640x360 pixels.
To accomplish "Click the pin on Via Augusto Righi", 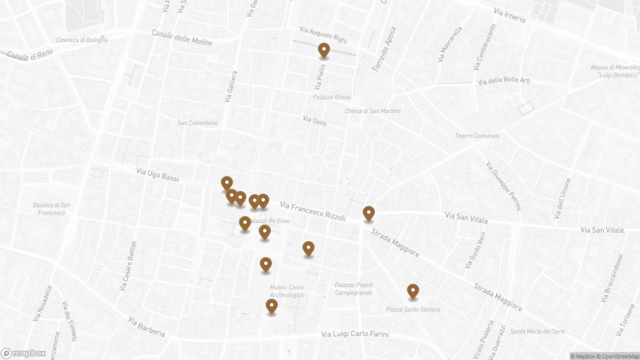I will click(324, 50).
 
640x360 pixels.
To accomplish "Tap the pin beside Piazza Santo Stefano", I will click(413, 291).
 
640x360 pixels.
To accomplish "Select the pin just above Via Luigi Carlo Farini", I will click(272, 306).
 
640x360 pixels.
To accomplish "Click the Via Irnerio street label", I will click(510, 15).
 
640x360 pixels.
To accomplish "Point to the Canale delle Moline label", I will click(181, 37).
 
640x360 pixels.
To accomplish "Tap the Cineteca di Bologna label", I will click(81, 40).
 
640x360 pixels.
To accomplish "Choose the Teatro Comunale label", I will click(477, 136).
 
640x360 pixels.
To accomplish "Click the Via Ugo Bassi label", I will click(158, 175).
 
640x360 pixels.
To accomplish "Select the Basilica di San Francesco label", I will click(52, 209).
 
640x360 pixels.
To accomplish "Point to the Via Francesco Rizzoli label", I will click(312, 211).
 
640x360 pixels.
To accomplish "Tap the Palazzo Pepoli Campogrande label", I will click(354, 288).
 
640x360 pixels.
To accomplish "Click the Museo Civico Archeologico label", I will click(287, 291).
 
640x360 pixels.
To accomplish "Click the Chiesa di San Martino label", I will click(372, 111).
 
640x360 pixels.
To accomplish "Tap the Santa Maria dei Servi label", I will click(538, 331).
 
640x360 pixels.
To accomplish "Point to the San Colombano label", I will click(197, 123).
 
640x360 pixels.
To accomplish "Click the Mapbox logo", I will click(23, 352).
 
